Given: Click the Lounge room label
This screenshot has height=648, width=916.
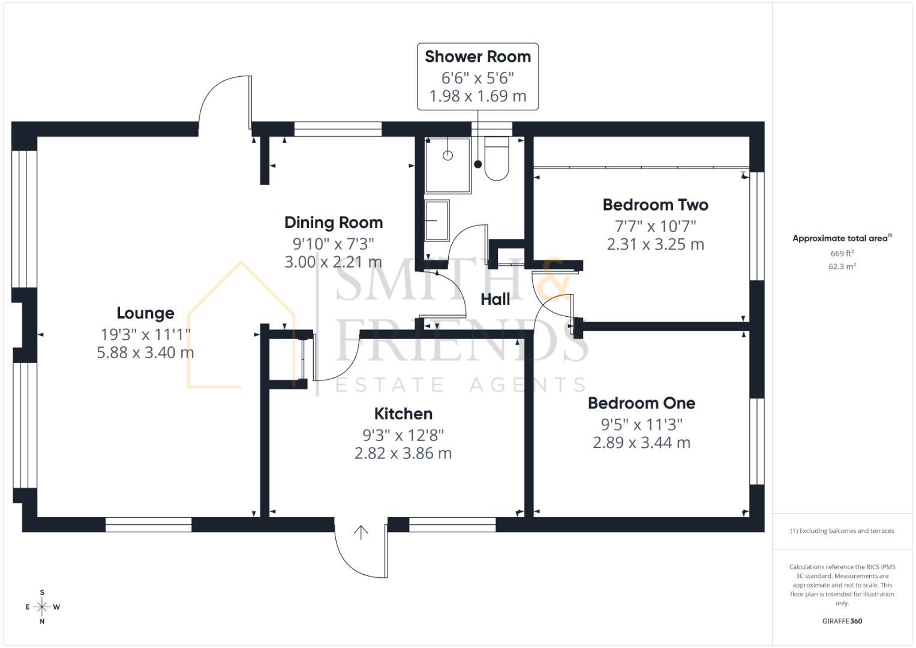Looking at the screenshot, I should pos(145,313).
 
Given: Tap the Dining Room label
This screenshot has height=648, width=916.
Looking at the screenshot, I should pos(334,223).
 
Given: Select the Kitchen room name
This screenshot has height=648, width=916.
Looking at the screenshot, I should pos(403,414).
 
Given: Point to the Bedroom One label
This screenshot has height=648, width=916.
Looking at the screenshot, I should pos(641,403).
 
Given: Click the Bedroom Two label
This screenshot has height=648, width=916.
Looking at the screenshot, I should pos(655,205).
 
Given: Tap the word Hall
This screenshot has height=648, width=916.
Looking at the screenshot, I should pos(495,299).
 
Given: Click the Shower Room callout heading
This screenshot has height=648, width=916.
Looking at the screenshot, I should pos(477,57).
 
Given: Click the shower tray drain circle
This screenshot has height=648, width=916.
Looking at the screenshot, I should pos(448,155).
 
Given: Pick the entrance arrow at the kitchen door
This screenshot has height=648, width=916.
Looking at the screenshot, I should pos(361,532).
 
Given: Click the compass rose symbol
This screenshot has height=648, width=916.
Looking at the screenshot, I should pos(42,607).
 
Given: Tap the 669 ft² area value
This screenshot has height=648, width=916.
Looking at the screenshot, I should pos(842,254).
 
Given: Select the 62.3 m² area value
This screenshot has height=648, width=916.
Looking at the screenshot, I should pos(842,267).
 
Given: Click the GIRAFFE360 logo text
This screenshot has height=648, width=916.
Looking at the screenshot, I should pos(842,622).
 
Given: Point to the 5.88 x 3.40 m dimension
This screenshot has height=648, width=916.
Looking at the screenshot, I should pos(145,353).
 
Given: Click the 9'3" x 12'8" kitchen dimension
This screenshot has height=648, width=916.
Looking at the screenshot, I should pos(403,435).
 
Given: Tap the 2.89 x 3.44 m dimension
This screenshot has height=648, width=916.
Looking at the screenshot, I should pos(641,443).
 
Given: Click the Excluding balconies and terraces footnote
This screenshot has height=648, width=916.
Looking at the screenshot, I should pos(842,531).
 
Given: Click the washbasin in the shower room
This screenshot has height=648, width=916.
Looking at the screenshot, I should pos(437,220).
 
